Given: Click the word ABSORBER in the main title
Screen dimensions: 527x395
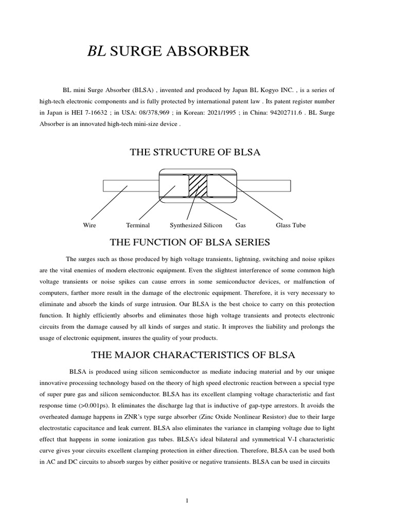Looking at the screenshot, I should [212, 51].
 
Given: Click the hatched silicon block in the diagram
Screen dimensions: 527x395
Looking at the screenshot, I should [197, 185].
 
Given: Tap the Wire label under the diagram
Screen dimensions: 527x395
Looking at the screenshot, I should [89, 225].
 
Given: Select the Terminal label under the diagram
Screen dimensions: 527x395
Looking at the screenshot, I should [138, 225].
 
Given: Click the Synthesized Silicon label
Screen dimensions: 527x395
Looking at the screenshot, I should [196, 225].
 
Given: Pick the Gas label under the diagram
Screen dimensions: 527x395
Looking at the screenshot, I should [241, 225].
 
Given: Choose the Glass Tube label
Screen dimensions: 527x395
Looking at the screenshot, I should [291, 225].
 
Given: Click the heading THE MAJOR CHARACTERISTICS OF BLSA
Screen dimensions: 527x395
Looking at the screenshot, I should [193, 355].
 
